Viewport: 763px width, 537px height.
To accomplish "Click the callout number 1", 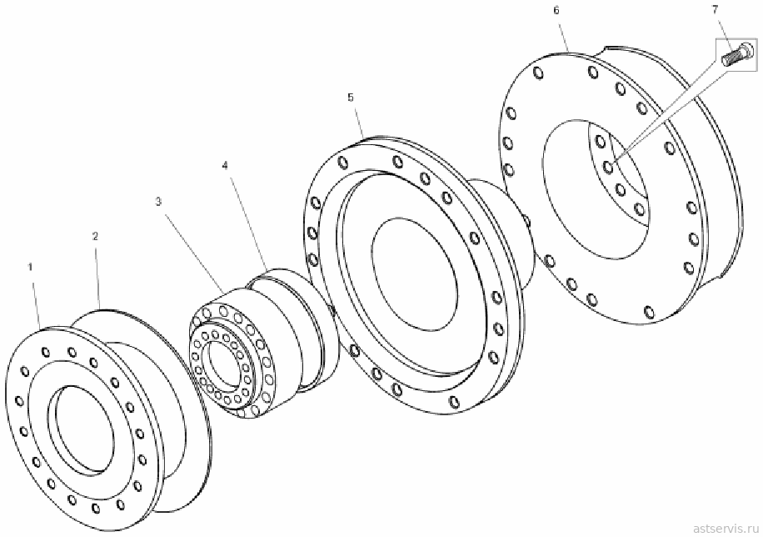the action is [x=30, y=267].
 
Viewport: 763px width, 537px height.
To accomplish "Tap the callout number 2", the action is [x=95, y=236].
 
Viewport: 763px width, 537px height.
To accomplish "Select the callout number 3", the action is [x=158, y=202].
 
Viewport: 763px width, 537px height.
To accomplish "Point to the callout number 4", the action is [x=225, y=166].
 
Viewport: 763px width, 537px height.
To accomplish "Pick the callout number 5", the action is [x=351, y=98].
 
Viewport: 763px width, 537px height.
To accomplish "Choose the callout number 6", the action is [x=556, y=10].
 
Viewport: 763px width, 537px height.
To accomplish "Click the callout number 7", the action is [x=715, y=9].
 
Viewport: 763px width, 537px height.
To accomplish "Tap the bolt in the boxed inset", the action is [x=736, y=54].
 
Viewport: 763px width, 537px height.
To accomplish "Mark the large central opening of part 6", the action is [x=595, y=189].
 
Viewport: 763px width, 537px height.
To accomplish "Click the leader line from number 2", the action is [x=97, y=276].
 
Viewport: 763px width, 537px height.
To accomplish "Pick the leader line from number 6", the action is [x=563, y=34].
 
